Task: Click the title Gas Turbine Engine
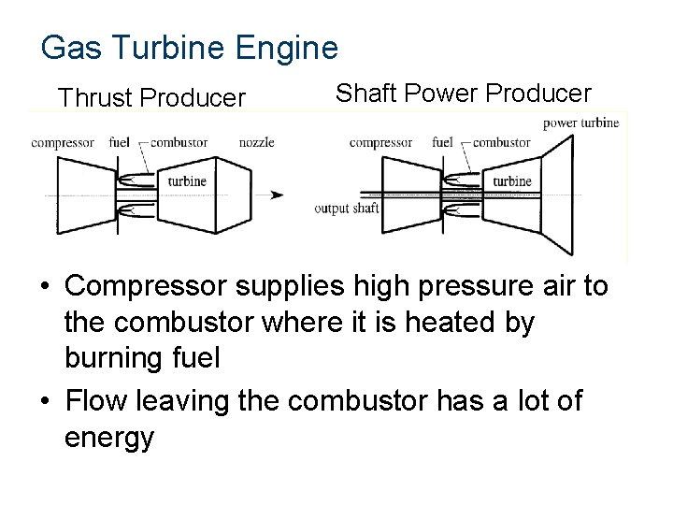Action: click(x=189, y=47)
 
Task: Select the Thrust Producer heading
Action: click(x=151, y=97)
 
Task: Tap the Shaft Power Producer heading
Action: click(x=463, y=94)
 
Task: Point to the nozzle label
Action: click(x=256, y=143)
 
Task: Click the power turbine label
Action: click(x=580, y=123)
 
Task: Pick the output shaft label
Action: click(x=347, y=208)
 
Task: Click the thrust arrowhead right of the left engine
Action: click(x=277, y=195)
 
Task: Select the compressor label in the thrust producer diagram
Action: click(x=62, y=143)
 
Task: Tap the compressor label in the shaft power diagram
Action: click(x=380, y=143)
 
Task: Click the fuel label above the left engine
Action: click(x=119, y=143)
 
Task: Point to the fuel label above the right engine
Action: click(x=443, y=143)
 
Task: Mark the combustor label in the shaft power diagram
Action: click(x=502, y=143)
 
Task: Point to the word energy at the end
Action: click(x=108, y=438)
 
